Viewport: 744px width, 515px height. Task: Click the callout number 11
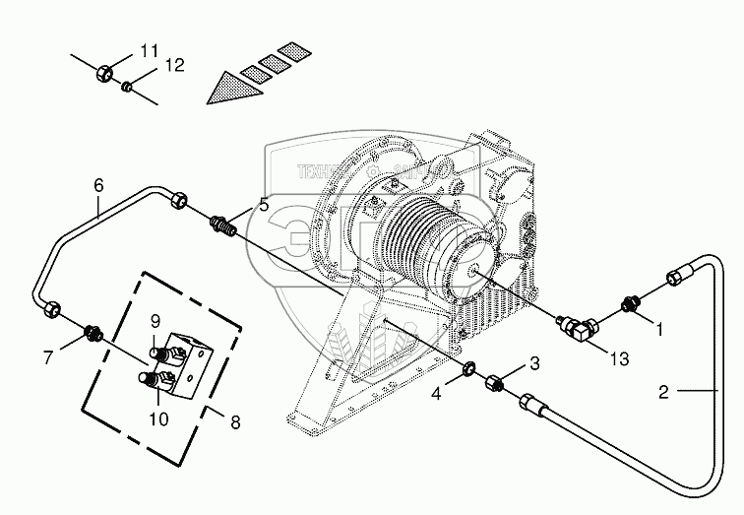(x=149, y=50)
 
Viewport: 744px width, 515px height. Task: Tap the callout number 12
(x=174, y=65)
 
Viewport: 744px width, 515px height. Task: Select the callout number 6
(x=98, y=184)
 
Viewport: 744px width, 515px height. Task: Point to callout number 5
(x=263, y=205)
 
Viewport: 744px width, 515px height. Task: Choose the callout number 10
(x=158, y=418)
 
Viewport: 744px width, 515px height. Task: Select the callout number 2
(x=663, y=392)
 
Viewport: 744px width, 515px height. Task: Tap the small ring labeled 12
(x=127, y=87)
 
